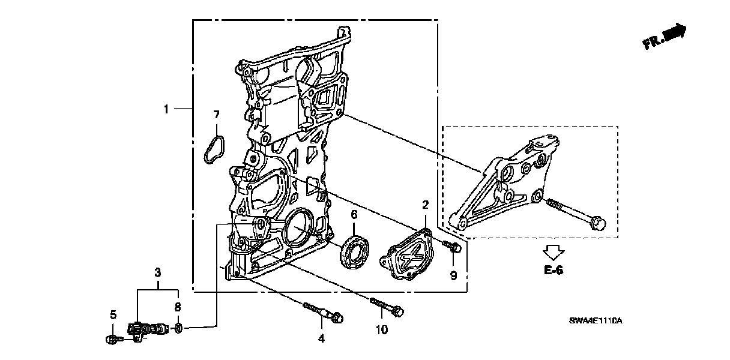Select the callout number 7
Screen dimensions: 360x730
(x=217, y=114)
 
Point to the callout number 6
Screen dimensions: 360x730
(x=354, y=214)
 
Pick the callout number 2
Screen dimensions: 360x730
(x=425, y=205)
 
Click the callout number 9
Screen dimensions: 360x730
(x=454, y=275)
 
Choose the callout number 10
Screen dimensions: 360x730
(x=382, y=329)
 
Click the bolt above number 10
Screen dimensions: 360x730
(x=388, y=305)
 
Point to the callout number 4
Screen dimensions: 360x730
(x=321, y=339)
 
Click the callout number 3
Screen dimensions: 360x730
(x=158, y=272)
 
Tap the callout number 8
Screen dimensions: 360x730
(x=178, y=307)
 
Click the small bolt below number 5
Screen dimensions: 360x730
(x=113, y=340)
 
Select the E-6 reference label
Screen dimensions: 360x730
(x=554, y=271)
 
